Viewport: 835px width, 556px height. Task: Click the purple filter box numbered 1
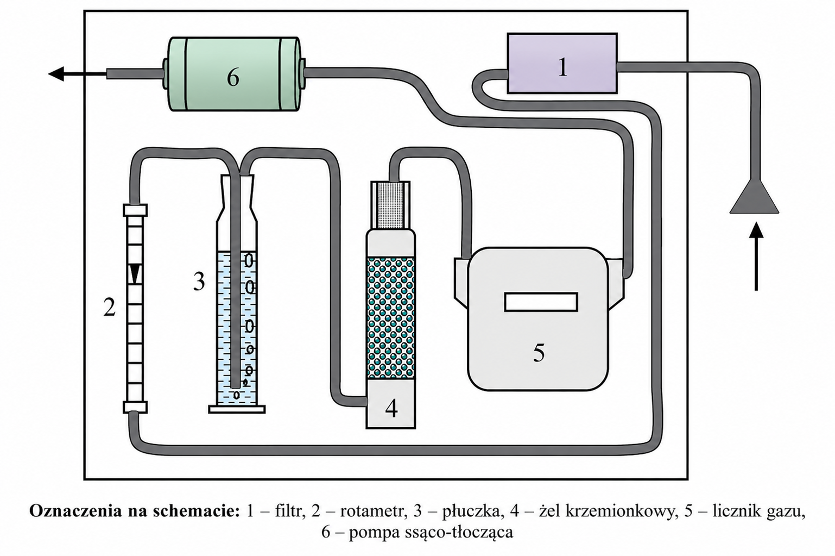point(562,63)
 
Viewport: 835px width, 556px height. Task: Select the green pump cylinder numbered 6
point(234,74)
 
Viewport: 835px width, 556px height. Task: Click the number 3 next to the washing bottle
point(199,282)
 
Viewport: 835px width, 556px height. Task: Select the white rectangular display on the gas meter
point(541,302)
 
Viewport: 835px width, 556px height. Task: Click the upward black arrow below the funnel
point(756,256)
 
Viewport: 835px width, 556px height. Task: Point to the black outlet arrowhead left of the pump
point(56,73)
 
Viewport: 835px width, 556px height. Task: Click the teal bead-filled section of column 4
point(391,318)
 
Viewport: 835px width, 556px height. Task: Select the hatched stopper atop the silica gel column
point(391,205)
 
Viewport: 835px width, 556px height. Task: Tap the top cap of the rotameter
point(135,210)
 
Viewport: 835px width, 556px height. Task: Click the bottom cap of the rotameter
point(135,408)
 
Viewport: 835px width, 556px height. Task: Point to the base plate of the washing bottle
point(237,409)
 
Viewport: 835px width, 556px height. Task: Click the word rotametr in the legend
point(372,511)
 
